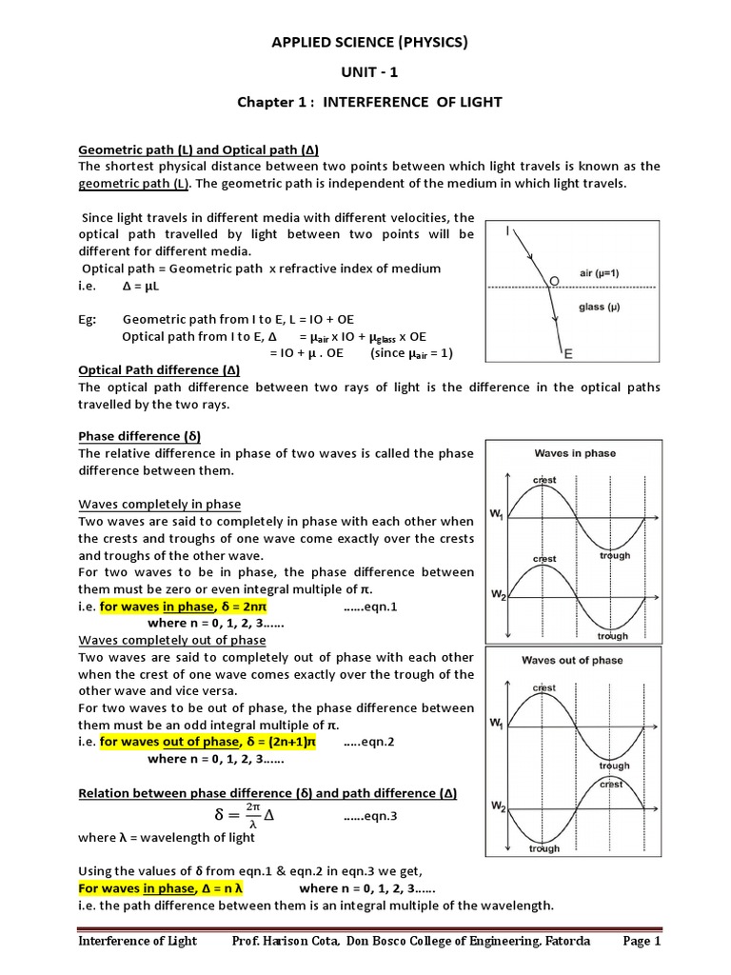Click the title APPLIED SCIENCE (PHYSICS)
pos(370,42)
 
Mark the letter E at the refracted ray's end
pos(568,354)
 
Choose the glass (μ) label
pos(602,307)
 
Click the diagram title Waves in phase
pos(575,453)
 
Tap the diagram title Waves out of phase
pos(572,660)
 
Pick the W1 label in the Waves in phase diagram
pos(497,515)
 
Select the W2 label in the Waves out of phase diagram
pos(497,807)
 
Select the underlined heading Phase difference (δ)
pos(139,436)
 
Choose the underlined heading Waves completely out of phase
pos(172,641)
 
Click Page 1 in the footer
pos(642,942)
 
